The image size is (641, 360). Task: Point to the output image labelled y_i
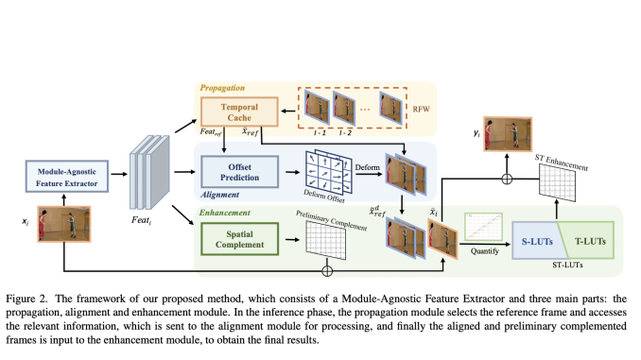click(502, 134)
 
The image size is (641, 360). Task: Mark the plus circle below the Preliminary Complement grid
click(327, 271)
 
